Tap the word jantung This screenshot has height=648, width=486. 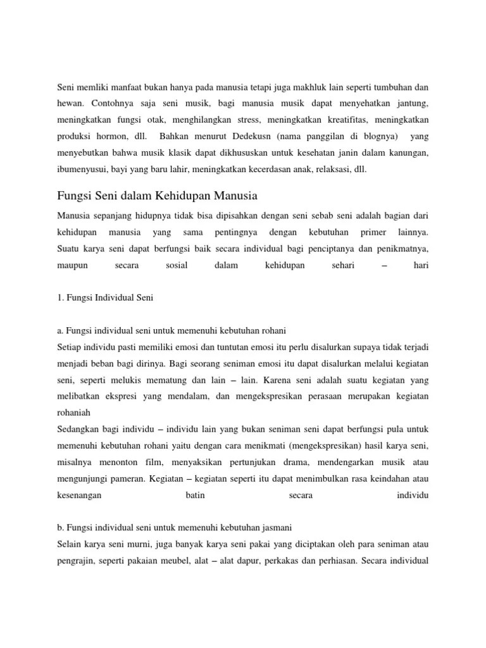pyautogui.click(x=413, y=103)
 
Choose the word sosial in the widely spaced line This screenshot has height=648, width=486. pyautogui.click(x=177, y=265)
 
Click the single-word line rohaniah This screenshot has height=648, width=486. pyautogui.click(x=74, y=412)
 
